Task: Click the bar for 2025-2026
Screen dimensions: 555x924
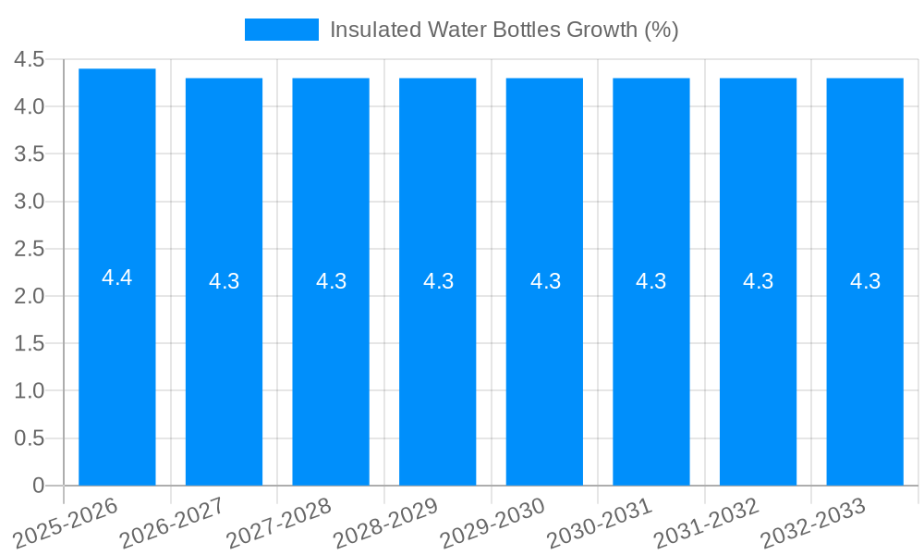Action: [x=117, y=370]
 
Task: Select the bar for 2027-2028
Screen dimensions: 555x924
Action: [x=331, y=370]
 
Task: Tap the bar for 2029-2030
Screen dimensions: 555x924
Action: [x=544, y=370]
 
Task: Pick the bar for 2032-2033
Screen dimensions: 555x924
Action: [x=865, y=370]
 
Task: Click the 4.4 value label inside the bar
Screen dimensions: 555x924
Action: [x=117, y=277]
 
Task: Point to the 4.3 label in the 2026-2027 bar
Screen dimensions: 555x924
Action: [x=225, y=281]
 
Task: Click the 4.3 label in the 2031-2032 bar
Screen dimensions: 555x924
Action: [x=759, y=281]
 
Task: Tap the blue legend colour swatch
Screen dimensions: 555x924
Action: [x=281, y=30]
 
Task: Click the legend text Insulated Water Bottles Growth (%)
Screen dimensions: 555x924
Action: [x=504, y=30]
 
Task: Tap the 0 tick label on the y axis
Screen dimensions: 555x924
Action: [x=38, y=486]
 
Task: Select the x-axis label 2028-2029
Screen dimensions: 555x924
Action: [x=386, y=522]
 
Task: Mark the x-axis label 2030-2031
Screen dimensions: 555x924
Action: [x=600, y=522]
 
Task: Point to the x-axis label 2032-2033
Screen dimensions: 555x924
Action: [x=814, y=522]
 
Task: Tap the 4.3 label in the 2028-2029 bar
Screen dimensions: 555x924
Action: [x=438, y=281]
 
